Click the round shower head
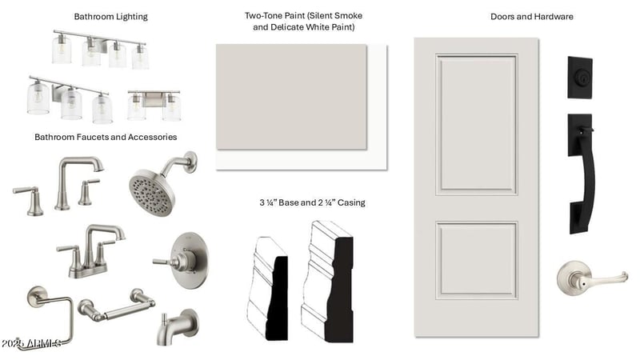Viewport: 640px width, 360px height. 153,192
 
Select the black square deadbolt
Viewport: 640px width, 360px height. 580,78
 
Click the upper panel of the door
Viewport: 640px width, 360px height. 476,125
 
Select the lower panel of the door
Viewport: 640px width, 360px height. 476,261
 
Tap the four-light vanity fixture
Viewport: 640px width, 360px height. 100,49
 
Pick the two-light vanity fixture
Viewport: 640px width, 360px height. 154,106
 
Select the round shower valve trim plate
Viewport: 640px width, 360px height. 189,261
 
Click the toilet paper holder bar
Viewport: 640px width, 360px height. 116,306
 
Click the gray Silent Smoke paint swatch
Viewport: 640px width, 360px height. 291,97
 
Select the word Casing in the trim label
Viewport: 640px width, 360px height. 351,203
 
